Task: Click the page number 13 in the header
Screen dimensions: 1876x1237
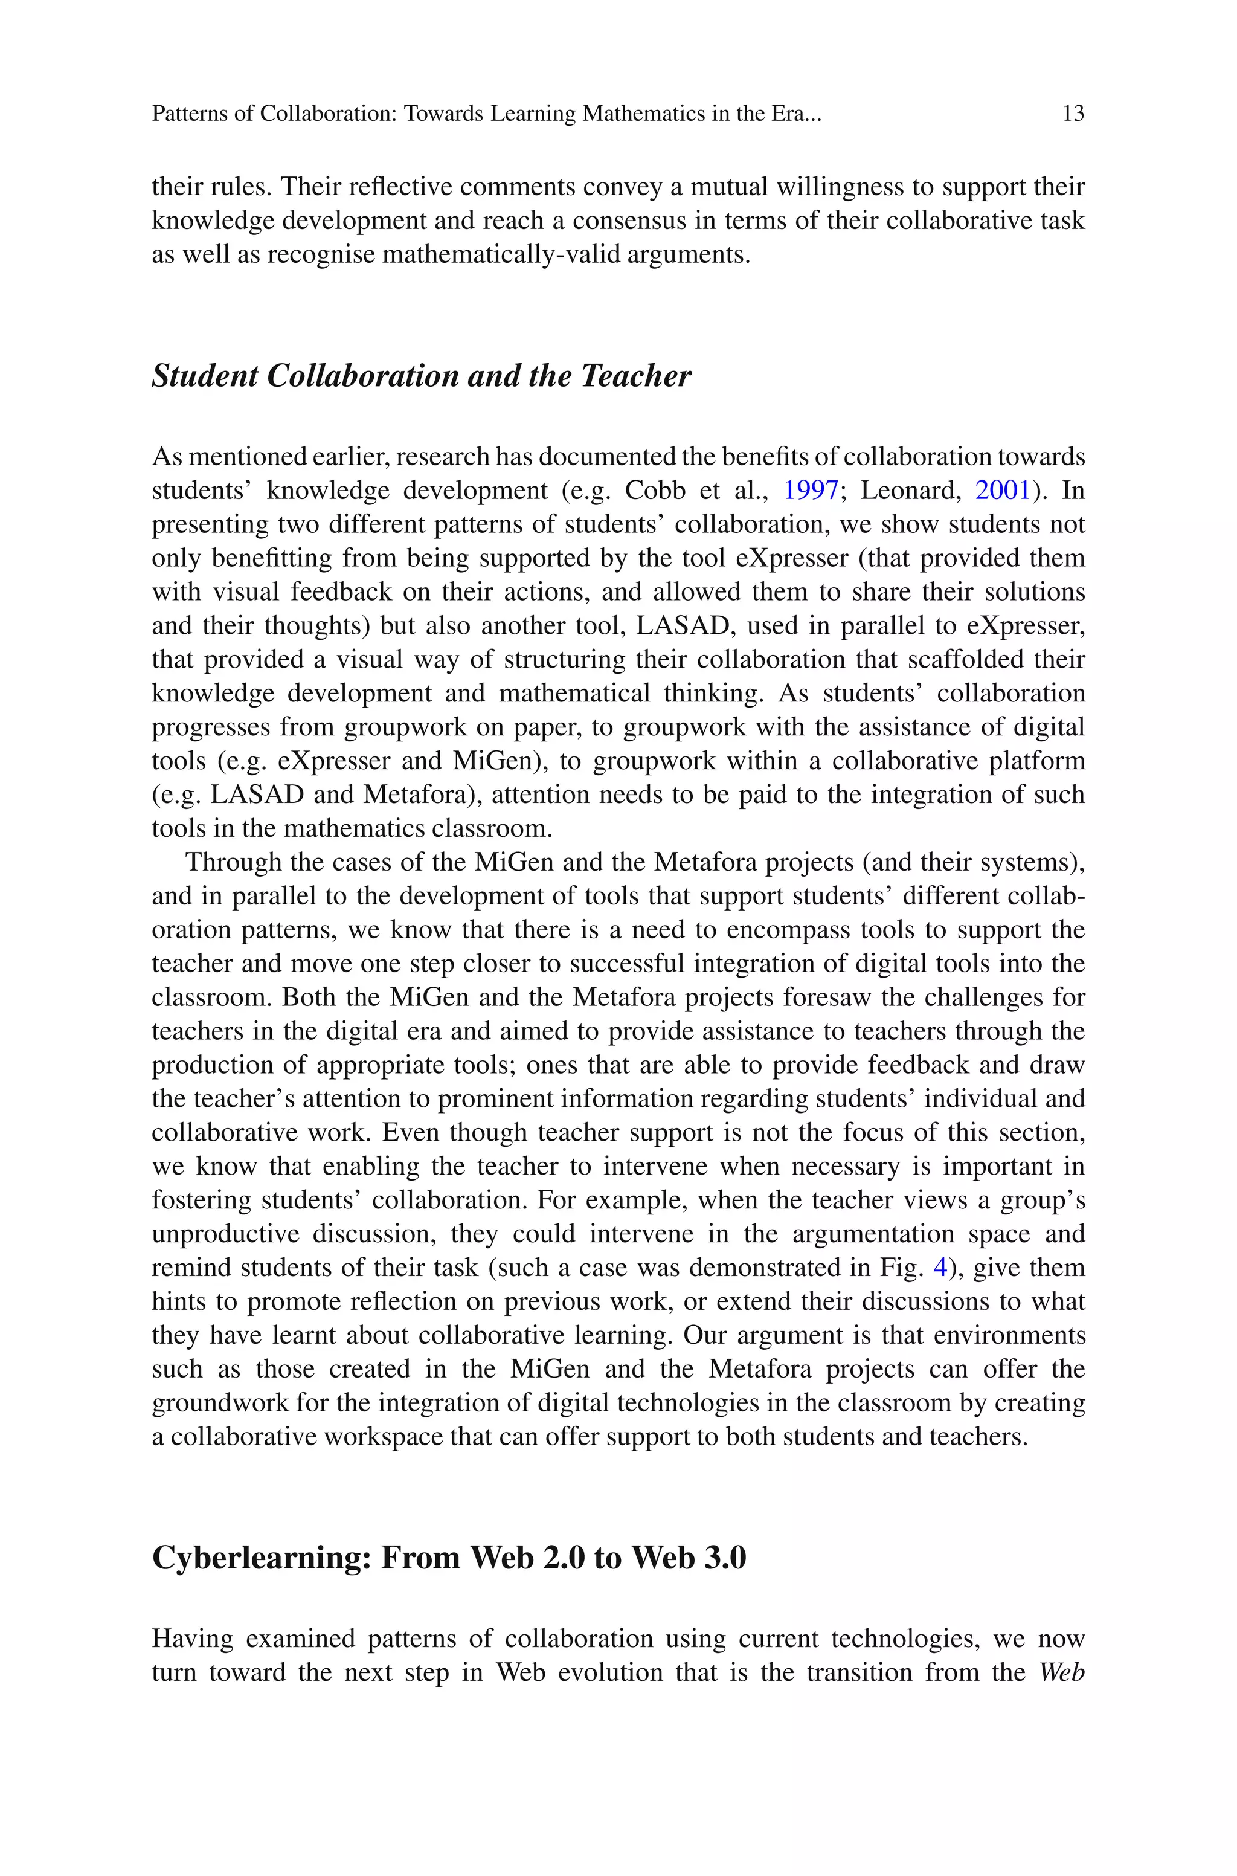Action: tap(1073, 114)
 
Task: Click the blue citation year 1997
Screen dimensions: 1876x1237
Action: tap(810, 491)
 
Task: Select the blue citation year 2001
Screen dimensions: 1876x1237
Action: tap(1003, 491)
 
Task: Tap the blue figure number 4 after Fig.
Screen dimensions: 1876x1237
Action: tap(940, 1268)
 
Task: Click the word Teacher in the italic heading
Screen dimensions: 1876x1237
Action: tap(636, 376)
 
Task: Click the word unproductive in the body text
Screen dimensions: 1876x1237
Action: tap(226, 1234)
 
